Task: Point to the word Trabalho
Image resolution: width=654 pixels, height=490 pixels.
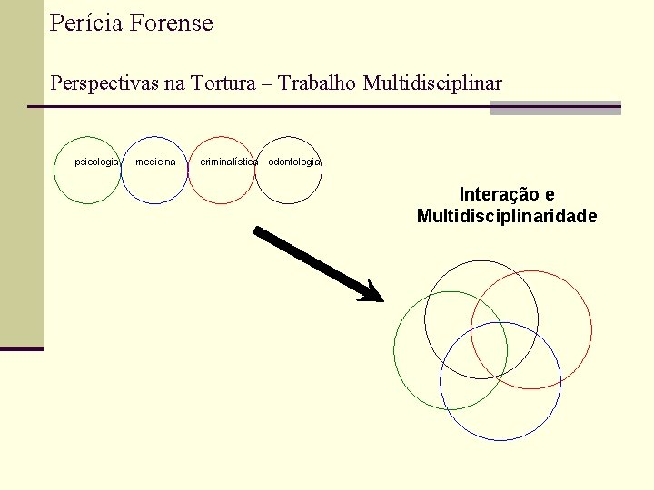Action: (x=317, y=83)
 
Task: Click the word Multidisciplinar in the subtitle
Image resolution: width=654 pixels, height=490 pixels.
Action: (x=432, y=83)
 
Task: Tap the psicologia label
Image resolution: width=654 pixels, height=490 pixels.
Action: (x=96, y=162)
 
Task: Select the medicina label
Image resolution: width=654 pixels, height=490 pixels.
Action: (x=155, y=162)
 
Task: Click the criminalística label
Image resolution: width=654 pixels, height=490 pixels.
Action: (x=229, y=162)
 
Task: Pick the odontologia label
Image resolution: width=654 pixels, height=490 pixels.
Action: (x=294, y=162)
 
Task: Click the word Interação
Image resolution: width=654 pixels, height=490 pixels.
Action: (x=498, y=194)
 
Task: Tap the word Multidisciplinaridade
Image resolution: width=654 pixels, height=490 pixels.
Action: (x=507, y=216)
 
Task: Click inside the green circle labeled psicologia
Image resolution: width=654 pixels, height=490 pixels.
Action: (x=87, y=186)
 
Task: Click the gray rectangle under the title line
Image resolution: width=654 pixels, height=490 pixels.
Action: (x=555, y=108)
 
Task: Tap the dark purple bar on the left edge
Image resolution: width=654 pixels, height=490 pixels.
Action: (x=22, y=348)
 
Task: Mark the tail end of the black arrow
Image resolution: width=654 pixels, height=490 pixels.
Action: (x=256, y=230)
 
